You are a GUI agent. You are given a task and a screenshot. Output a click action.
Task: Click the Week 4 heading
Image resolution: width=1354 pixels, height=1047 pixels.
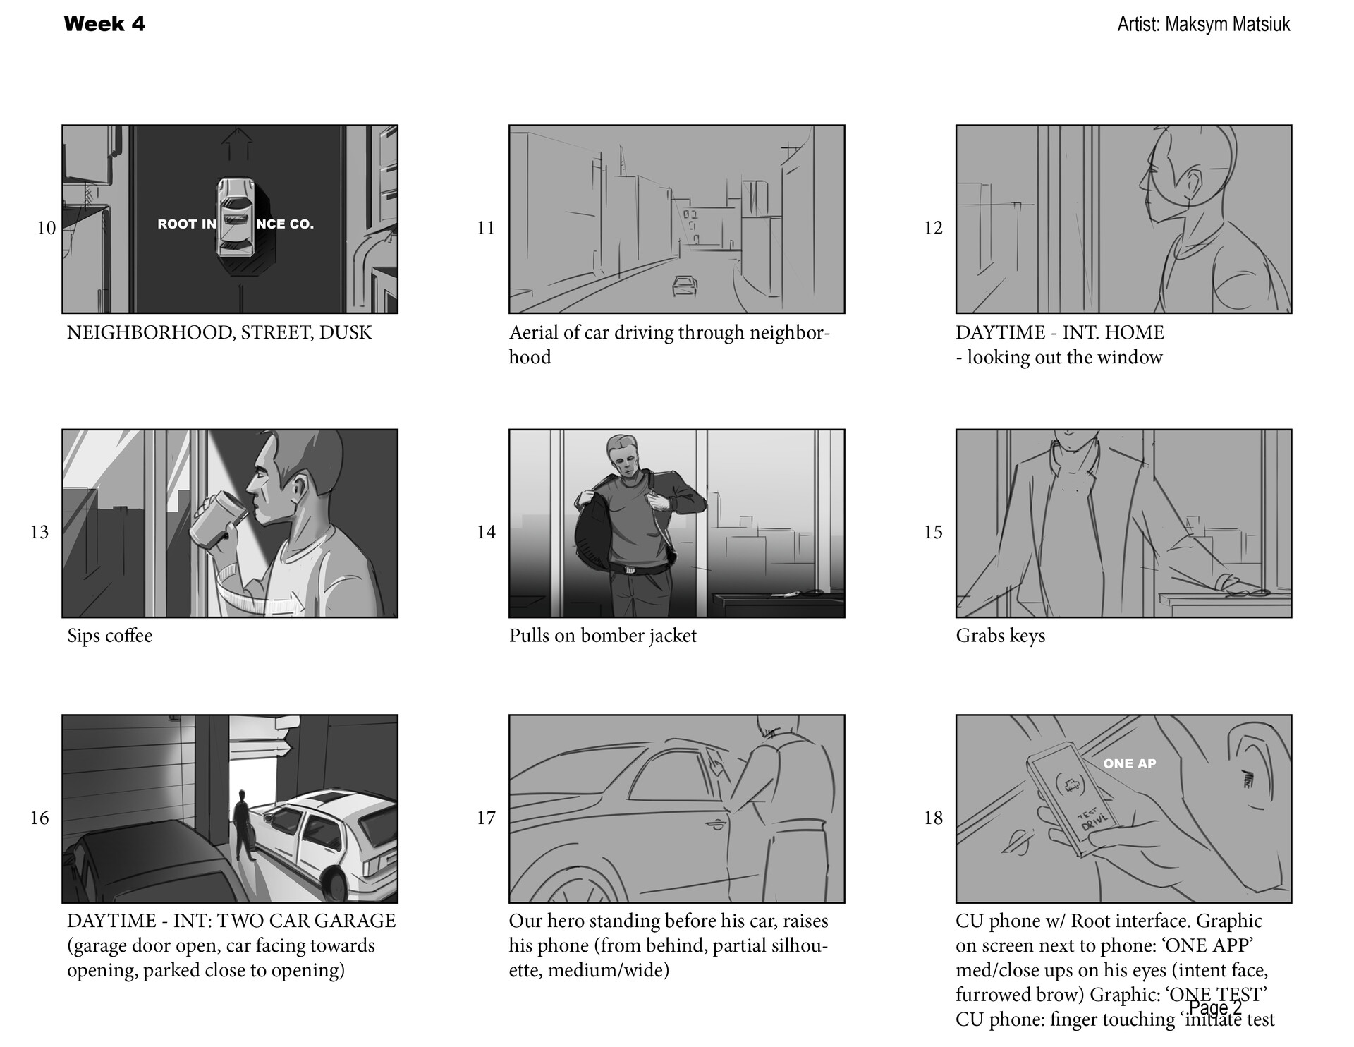click(x=104, y=24)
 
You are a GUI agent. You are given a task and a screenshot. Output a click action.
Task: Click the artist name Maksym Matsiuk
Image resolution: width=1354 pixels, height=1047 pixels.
click(x=1227, y=25)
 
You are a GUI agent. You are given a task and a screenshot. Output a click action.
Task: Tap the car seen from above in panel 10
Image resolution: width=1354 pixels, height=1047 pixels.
click(x=236, y=217)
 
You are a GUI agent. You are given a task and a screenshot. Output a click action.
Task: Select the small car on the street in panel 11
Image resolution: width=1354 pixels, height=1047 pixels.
click(x=685, y=286)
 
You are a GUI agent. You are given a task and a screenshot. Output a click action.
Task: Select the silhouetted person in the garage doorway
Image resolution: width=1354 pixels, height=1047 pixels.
click(x=243, y=825)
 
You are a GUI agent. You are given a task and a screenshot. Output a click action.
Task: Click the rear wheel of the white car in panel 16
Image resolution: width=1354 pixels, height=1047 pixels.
click(x=335, y=883)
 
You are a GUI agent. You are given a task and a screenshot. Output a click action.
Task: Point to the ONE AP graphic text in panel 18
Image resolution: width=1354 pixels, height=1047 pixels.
click(x=1129, y=764)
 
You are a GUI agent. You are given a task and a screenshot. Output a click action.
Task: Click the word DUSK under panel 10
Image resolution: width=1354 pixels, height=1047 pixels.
click(x=345, y=332)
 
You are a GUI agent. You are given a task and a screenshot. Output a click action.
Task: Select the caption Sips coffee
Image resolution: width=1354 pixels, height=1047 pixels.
click(x=110, y=636)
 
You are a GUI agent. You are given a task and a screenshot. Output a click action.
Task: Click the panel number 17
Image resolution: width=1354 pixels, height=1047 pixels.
click(x=486, y=818)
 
